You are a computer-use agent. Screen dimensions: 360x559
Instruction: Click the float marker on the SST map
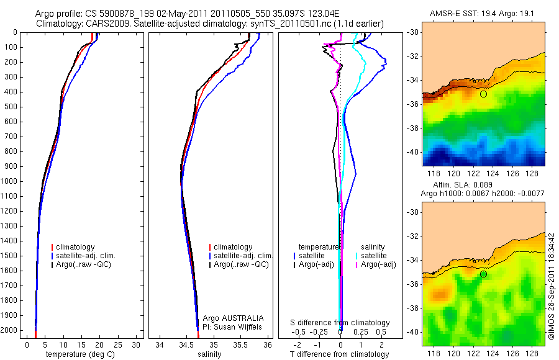tap(483, 94)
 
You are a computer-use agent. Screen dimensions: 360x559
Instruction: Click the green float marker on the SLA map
tap(483, 274)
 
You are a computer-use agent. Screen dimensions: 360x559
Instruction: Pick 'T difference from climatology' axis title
tap(340, 354)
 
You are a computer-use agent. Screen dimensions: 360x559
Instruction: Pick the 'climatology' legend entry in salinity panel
tap(232, 247)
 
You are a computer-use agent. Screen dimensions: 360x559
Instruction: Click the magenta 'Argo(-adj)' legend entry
tap(379, 265)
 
